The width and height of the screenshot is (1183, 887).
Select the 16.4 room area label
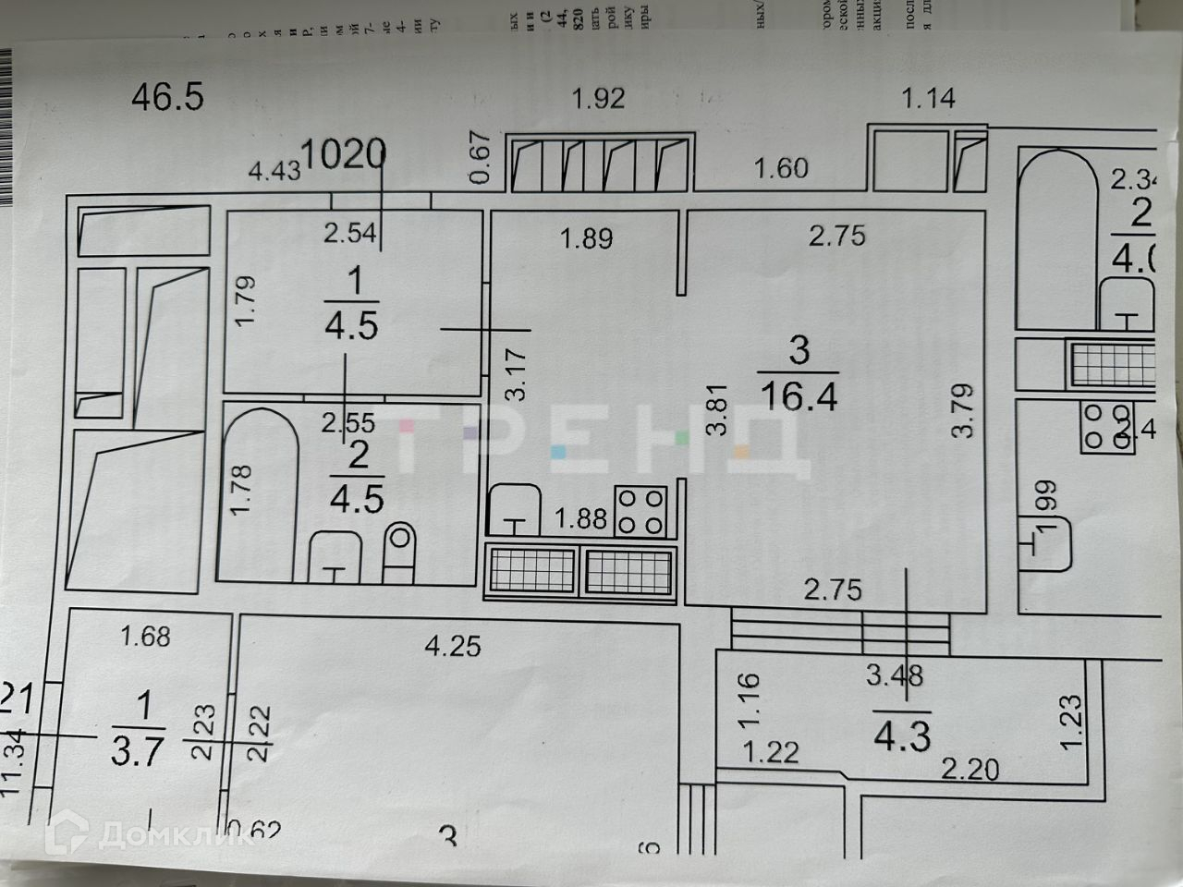799,396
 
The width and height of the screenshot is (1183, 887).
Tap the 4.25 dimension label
453,645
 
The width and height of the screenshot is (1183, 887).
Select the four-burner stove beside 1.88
641,511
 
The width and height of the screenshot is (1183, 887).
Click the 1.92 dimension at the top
598,98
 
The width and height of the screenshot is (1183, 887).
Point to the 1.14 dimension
928,97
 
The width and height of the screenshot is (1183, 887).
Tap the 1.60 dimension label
781,168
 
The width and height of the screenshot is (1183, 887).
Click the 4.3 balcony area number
902,736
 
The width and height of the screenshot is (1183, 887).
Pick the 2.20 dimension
970,768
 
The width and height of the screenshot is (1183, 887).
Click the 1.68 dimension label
145,637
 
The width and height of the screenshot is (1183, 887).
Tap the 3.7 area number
138,750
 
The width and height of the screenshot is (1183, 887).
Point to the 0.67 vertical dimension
478,158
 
